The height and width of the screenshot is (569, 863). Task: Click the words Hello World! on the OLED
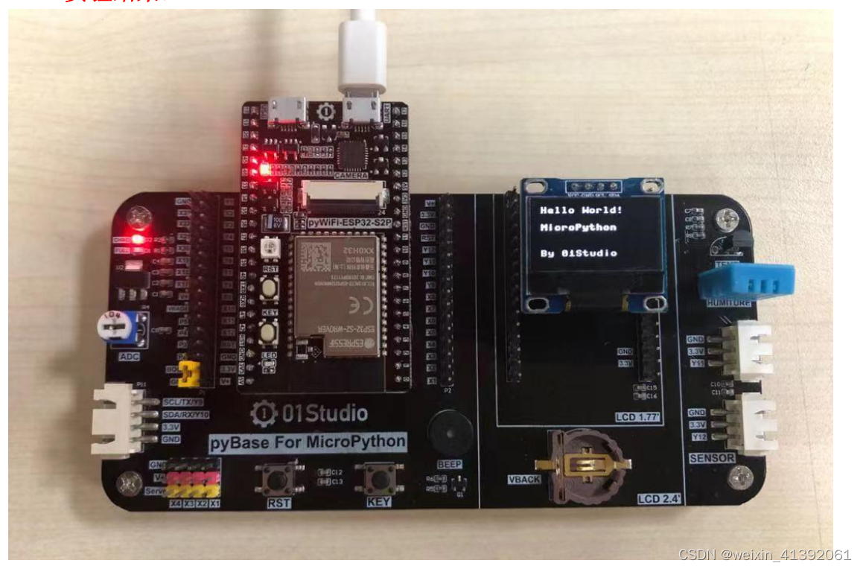(580, 210)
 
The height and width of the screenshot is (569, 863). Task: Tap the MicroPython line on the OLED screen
(578, 227)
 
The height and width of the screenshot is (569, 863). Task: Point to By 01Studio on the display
(578, 253)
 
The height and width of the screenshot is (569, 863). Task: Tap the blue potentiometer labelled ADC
(119, 328)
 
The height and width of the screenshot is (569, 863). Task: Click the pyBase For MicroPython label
(308, 442)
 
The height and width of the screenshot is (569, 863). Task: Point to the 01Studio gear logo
(264, 413)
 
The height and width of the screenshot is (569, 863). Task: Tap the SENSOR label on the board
(711, 458)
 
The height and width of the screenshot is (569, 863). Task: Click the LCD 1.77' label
(637, 417)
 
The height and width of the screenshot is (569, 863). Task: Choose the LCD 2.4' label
(659, 498)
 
